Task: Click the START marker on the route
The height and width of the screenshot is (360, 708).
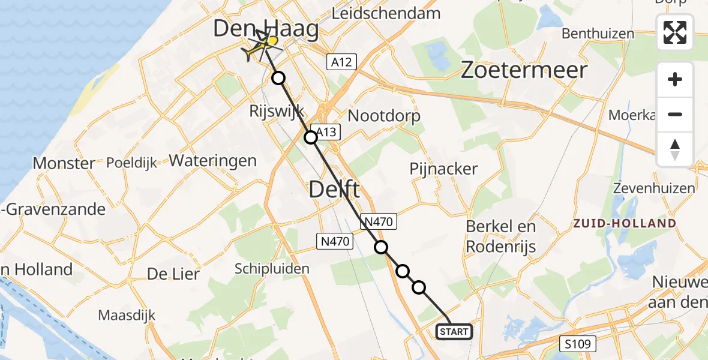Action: (454, 331)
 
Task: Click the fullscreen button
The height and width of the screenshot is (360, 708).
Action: (675, 32)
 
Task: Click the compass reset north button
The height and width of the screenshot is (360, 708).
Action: (675, 149)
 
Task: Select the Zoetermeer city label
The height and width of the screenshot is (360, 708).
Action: (524, 70)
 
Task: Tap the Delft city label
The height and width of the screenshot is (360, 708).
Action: (334, 190)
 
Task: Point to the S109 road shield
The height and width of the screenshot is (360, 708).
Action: (580, 344)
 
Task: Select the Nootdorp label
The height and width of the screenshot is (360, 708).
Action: (384, 115)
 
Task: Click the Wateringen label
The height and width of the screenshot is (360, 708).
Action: (213, 161)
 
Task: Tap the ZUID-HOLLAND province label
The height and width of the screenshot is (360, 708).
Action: (625, 223)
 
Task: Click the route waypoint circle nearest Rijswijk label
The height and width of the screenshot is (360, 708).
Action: (278, 77)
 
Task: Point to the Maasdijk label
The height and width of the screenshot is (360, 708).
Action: (127, 315)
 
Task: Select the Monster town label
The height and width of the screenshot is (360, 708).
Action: (64, 163)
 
